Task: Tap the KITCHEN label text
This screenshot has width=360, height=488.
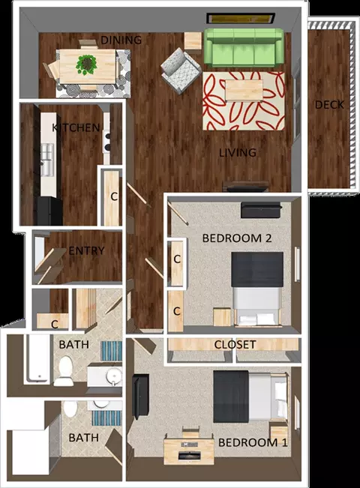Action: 76,127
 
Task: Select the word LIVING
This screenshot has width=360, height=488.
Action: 238,152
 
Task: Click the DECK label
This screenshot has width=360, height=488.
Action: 328,105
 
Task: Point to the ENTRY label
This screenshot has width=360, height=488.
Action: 86,250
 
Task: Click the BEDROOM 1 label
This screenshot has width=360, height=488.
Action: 253,442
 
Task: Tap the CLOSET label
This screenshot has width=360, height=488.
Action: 235,345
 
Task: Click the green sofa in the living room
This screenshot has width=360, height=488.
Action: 243,46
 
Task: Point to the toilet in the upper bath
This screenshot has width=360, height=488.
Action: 64,369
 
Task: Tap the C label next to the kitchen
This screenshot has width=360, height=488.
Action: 114,196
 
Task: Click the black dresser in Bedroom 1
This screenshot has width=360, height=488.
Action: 140,397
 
